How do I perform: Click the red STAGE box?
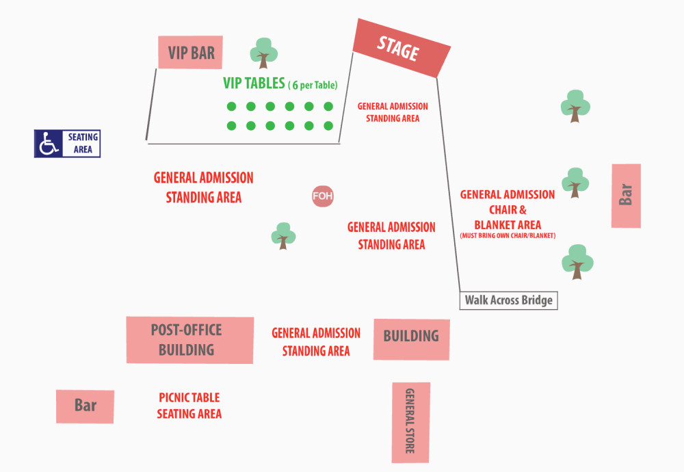402,48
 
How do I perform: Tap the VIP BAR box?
190,53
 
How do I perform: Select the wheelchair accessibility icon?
49,144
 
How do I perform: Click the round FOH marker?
322,197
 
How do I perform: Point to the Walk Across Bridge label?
508,300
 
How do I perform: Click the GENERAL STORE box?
410,421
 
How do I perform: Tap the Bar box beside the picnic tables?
85,406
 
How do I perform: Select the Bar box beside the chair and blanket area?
626,196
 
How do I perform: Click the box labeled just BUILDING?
411,339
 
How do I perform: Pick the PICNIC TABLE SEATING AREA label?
189,406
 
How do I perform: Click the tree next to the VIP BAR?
263,52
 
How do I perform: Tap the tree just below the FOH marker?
283,235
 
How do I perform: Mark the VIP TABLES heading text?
254,83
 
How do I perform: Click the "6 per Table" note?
313,86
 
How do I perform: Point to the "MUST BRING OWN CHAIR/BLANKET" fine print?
508,236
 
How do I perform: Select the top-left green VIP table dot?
231,106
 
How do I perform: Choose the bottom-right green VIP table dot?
328,126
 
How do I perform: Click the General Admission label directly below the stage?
393,112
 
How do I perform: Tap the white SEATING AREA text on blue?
82,143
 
